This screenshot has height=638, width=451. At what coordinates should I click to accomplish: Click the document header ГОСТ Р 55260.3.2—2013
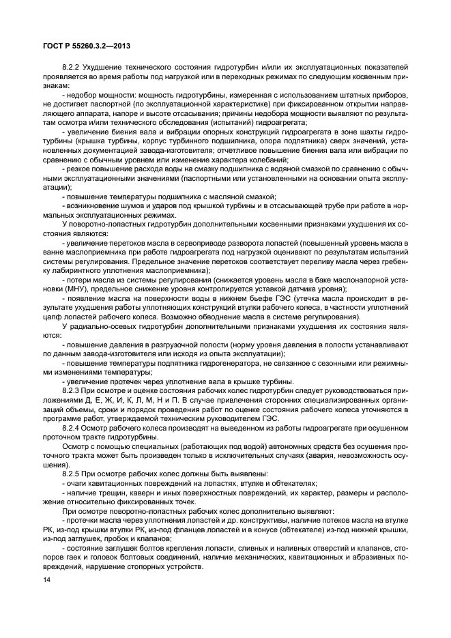point(83,46)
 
